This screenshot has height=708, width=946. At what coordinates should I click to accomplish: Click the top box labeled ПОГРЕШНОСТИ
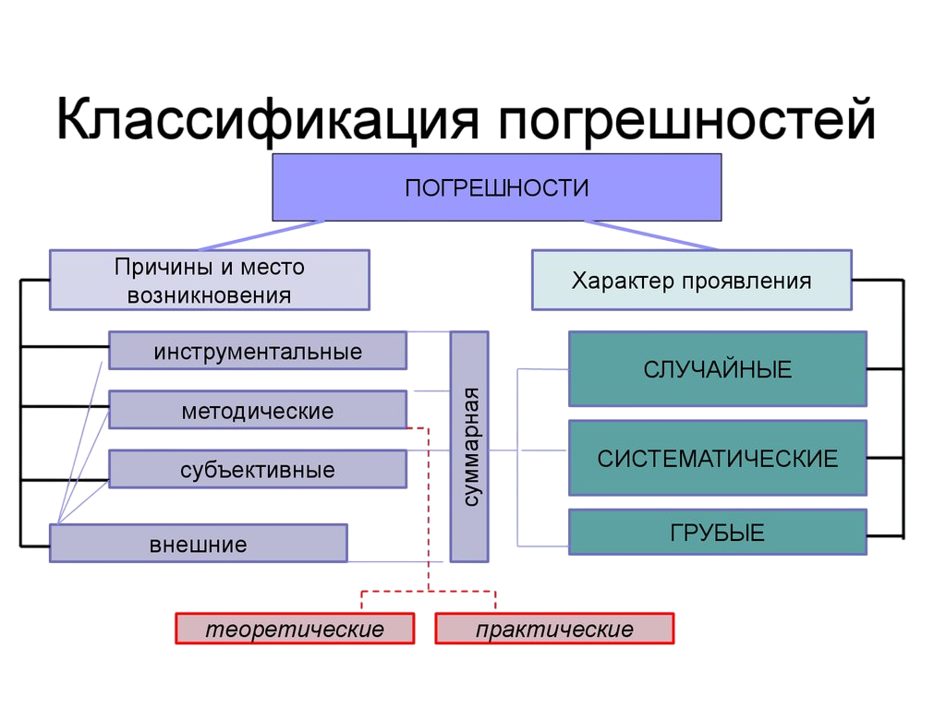click(x=496, y=187)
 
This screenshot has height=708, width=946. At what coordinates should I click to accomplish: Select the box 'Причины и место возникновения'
click(x=210, y=281)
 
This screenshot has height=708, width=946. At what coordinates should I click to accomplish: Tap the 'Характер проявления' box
click(x=691, y=281)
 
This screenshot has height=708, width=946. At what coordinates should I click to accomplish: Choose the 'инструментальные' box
click(x=258, y=352)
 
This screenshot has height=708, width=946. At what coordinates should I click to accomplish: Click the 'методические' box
click(x=258, y=410)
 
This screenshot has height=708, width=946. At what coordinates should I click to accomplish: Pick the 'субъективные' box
click(x=258, y=470)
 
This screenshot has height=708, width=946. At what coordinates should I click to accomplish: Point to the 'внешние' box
click(x=199, y=544)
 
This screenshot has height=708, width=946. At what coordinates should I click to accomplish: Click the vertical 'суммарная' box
click(x=469, y=448)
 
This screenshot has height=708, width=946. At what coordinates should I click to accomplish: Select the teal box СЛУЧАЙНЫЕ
click(x=717, y=369)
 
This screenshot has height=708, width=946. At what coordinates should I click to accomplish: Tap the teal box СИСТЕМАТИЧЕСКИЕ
click(x=717, y=458)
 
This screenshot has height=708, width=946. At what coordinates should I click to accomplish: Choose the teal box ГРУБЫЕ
click(x=717, y=532)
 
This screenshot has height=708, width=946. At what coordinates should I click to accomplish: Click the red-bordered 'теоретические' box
click(x=295, y=630)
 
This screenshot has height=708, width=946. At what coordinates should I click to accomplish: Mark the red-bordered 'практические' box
click(x=554, y=630)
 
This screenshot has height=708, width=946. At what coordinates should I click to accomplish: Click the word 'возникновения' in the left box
click(x=210, y=295)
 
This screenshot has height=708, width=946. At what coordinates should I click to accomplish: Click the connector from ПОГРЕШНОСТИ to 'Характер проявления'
click(x=650, y=234)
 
